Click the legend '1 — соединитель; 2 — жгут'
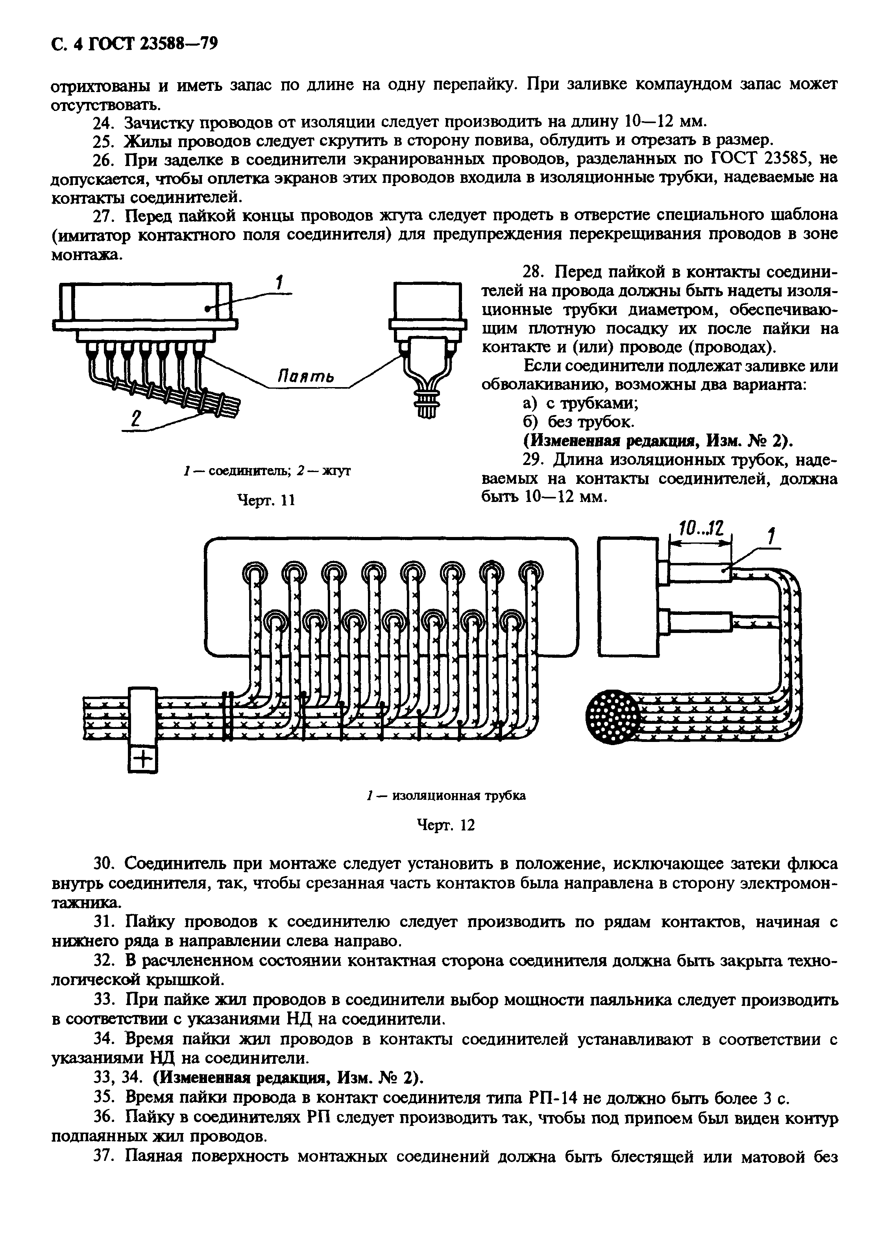pyautogui.click(x=266, y=471)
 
